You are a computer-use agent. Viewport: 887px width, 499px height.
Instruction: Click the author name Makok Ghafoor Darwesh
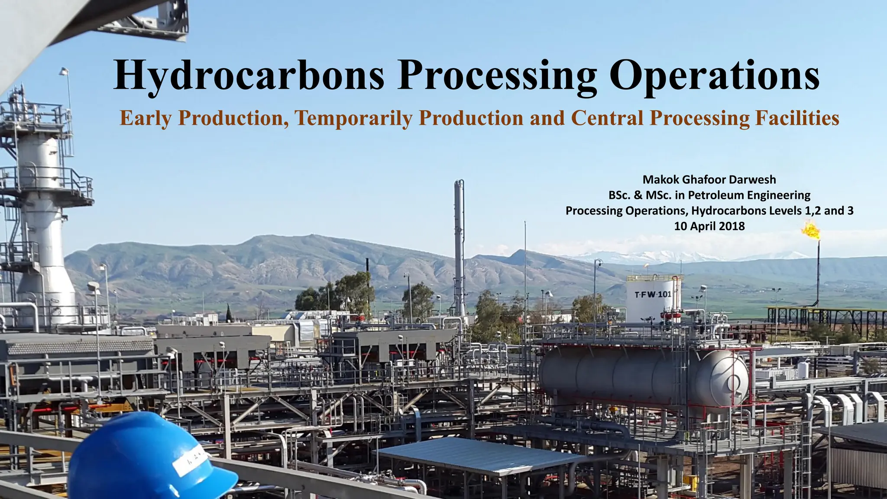coord(709,179)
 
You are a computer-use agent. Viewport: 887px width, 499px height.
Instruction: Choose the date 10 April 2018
coord(709,226)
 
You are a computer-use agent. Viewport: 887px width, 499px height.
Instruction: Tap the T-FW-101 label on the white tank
coord(653,295)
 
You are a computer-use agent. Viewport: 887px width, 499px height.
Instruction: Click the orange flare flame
coord(810,230)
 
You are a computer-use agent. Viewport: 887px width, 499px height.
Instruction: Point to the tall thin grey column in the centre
coord(459,247)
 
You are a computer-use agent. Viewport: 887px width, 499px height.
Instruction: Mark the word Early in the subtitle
coord(145,118)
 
